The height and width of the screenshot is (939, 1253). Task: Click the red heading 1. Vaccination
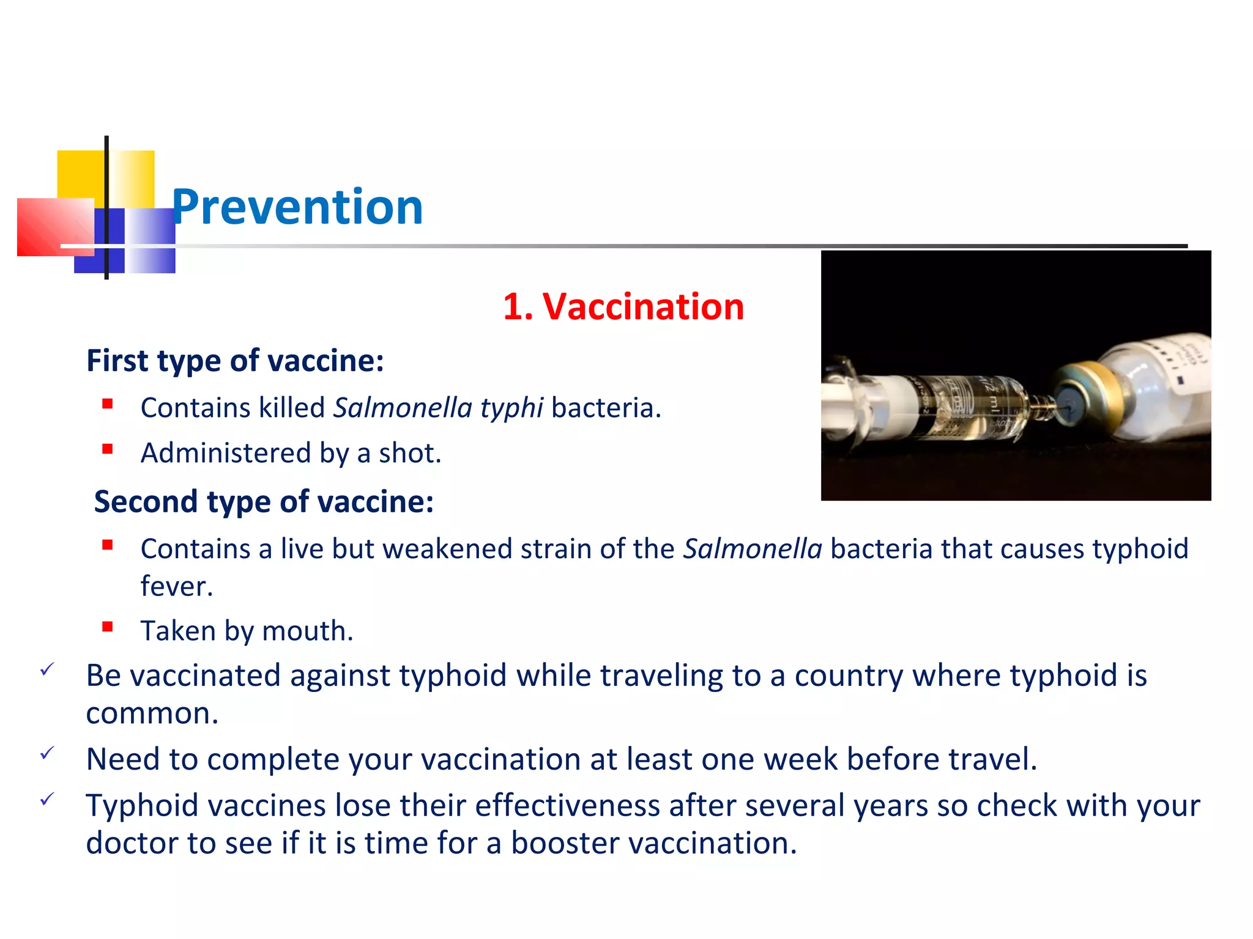tap(623, 306)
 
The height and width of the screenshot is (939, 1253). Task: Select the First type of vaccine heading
tap(235, 360)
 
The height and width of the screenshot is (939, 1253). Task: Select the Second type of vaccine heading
tap(264, 501)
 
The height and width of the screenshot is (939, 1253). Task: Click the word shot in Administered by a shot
tap(409, 453)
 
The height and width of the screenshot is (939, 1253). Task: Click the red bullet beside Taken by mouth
tap(108, 627)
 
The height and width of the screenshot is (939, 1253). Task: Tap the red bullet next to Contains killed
tap(108, 403)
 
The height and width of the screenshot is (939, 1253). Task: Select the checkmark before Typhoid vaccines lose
tap(47, 799)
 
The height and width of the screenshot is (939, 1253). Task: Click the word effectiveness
tap(567, 805)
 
